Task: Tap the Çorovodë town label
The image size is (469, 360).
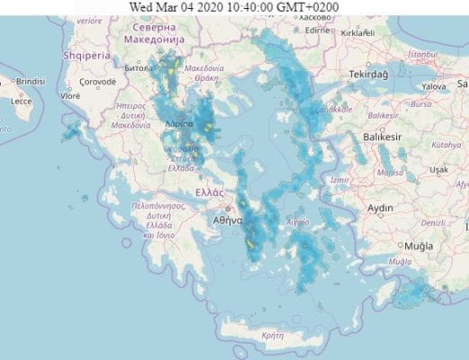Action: (x=97, y=81)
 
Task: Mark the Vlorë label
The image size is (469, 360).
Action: (x=69, y=94)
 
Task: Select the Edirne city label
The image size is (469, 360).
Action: (x=318, y=30)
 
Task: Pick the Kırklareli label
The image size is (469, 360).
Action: (x=356, y=31)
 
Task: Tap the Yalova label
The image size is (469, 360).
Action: (x=433, y=86)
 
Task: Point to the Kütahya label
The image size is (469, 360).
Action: (x=445, y=144)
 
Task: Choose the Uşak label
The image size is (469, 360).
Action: (x=438, y=169)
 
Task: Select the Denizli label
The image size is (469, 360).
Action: (x=434, y=222)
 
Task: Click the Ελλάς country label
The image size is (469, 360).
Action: (x=209, y=192)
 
